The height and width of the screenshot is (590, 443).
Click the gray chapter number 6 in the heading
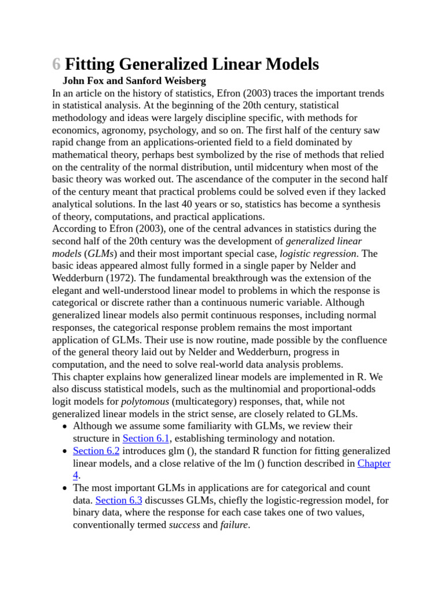(x=56, y=64)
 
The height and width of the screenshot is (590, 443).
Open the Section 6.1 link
(x=145, y=438)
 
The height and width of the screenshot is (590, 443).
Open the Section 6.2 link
(x=96, y=451)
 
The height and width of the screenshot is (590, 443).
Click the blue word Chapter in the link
(x=374, y=463)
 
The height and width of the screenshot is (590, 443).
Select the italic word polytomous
(x=145, y=402)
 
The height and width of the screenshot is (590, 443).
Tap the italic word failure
(x=234, y=525)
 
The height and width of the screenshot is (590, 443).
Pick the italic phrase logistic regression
(x=318, y=254)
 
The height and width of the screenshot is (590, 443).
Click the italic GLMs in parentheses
(x=101, y=254)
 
